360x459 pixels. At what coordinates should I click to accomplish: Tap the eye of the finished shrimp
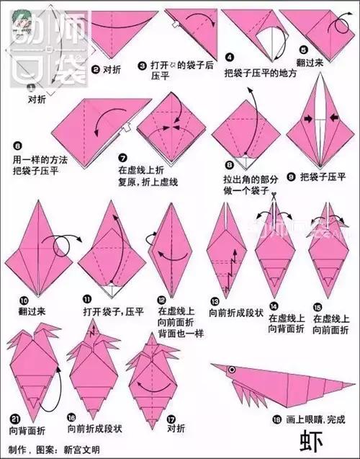point(231,370)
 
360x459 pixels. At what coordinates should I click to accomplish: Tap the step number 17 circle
point(171,418)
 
